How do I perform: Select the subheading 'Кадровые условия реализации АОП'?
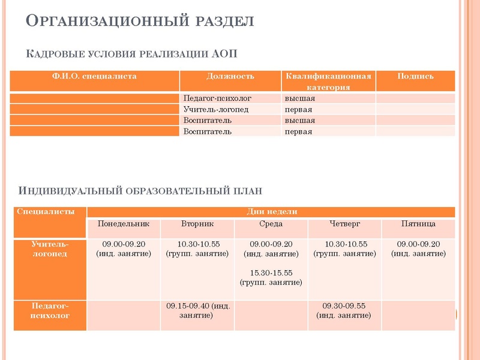click(132, 54)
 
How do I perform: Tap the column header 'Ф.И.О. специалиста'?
click(95, 76)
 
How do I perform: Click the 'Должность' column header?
click(230, 76)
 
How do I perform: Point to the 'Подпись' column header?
click(415, 76)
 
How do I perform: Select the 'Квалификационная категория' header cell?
click(328, 82)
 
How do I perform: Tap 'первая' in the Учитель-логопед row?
click(298, 109)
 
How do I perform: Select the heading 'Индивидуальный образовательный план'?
click(141, 191)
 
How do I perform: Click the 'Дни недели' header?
click(271, 211)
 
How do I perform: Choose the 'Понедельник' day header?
click(124, 224)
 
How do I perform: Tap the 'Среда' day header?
click(271, 224)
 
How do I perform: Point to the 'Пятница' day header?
click(418, 224)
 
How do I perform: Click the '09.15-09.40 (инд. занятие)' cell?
click(197, 310)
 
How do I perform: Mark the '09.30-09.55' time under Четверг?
click(344, 305)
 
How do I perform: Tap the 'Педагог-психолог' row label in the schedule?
click(50, 310)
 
